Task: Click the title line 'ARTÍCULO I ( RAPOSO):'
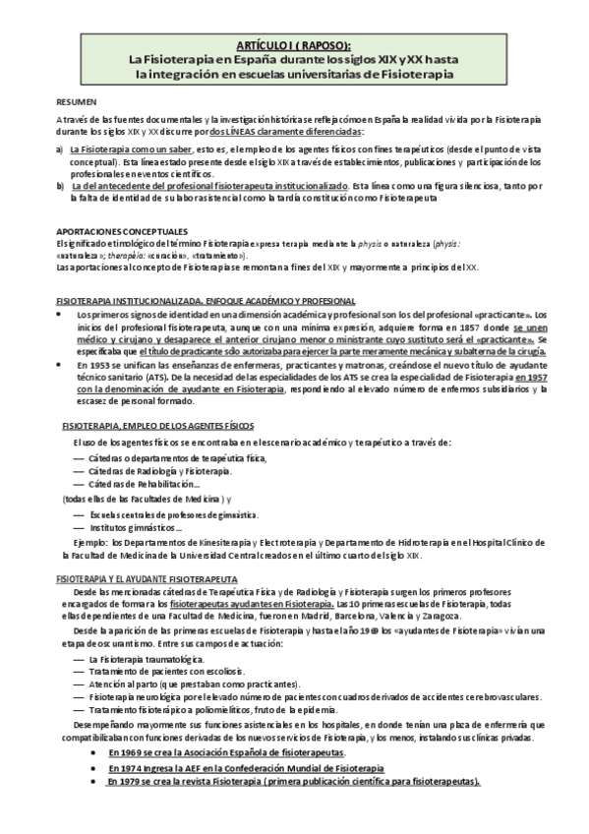(295, 44)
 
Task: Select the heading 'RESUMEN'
(76, 101)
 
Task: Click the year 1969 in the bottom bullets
(132, 751)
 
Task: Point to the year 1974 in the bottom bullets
(131, 767)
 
